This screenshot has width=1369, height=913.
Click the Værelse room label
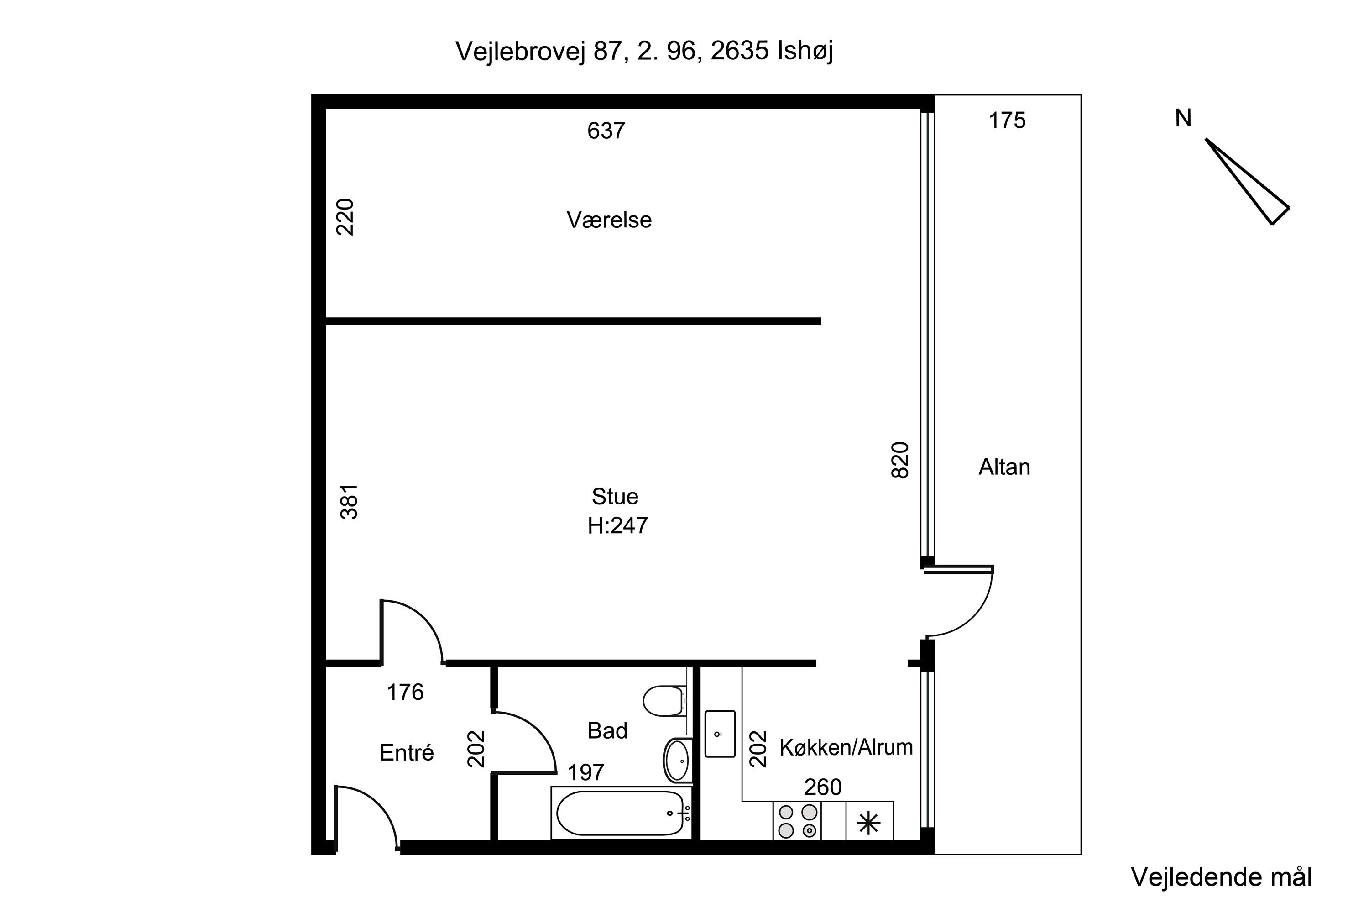pyautogui.click(x=609, y=220)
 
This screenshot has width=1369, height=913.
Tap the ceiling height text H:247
pyautogui.click(x=617, y=526)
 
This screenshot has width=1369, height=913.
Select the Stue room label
pyautogui.click(x=615, y=497)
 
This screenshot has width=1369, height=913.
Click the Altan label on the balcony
pyautogui.click(x=1004, y=467)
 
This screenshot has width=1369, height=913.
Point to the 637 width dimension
pyautogui.click(x=606, y=131)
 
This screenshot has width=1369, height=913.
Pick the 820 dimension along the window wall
pyautogui.click(x=900, y=461)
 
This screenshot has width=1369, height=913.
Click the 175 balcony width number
pyautogui.click(x=1007, y=121)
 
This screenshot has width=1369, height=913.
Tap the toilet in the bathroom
pyautogui.click(x=664, y=701)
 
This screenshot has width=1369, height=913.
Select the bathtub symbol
pyautogui.click(x=620, y=813)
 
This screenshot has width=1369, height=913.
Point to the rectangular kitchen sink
pyautogui.click(x=720, y=734)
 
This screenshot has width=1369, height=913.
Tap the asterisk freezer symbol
pyautogui.click(x=868, y=823)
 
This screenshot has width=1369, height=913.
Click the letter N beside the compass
pyautogui.click(x=1183, y=119)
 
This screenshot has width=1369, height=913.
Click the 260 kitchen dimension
pyautogui.click(x=822, y=787)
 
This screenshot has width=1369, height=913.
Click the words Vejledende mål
pyautogui.click(x=1221, y=877)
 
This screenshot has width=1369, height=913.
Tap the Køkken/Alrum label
pyautogui.click(x=846, y=748)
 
